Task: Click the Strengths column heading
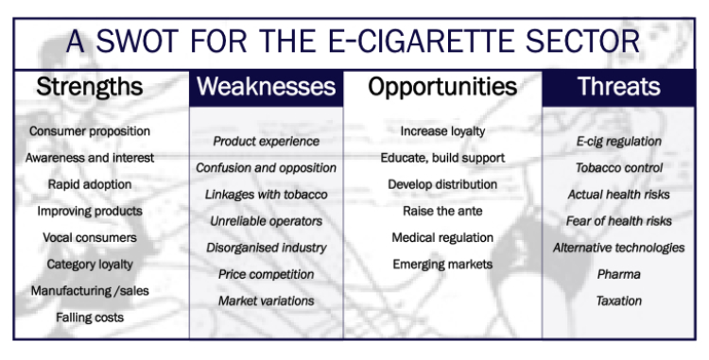coord(90,88)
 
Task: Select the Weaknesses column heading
coord(266,88)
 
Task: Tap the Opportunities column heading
coord(442,88)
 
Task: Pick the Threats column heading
coord(619,88)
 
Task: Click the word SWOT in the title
coord(136,43)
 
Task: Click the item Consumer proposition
coord(90,131)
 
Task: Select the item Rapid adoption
coord(90,184)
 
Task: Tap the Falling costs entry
coord(90,317)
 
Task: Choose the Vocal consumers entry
coord(90,237)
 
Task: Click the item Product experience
coord(266,141)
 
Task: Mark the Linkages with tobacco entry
coord(266,194)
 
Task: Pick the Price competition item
coord(266,274)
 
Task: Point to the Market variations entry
coord(266,300)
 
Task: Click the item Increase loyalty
coord(442,131)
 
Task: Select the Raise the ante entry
coord(442,211)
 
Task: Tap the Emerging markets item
coord(442,265)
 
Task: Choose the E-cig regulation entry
coord(619,141)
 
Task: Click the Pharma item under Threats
coord(619,274)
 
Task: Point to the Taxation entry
coord(619,300)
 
